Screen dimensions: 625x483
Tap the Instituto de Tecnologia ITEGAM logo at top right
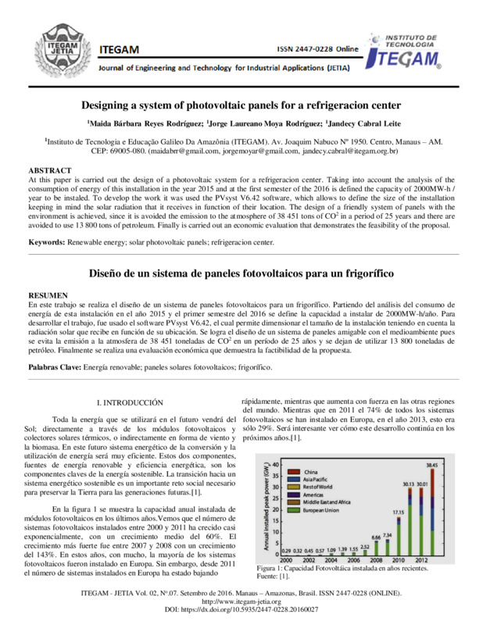[405, 52]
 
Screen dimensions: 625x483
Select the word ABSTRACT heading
[50, 170]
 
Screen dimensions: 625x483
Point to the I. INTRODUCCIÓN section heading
[130, 402]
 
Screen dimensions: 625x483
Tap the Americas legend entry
[316, 494]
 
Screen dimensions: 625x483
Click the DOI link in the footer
[241, 607]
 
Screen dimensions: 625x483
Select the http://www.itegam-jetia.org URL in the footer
[241, 600]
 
